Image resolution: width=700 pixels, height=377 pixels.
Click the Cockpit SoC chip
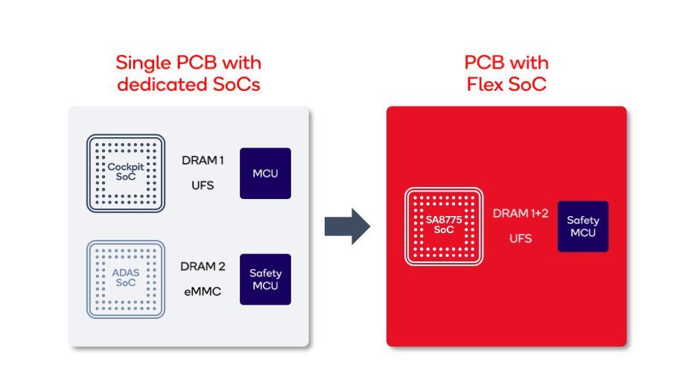tap(124, 173)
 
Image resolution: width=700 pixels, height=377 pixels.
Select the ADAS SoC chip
tap(124, 279)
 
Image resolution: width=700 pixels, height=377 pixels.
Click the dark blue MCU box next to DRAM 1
tap(265, 173)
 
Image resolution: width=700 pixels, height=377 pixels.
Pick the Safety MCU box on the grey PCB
tap(265, 279)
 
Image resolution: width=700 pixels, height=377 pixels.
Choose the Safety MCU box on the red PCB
tap(583, 226)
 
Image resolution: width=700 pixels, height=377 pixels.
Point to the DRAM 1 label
tap(203, 160)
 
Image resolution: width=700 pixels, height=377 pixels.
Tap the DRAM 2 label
tap(203, 266)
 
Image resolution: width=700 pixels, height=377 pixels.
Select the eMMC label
tap(203, 291)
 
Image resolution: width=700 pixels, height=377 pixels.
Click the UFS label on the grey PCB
tap(203, 186)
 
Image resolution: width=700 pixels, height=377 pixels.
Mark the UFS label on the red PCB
tap(521, 239)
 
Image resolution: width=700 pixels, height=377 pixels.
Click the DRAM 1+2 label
tap(521, 214)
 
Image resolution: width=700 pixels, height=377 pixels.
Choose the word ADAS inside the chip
tap(124, 273)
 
